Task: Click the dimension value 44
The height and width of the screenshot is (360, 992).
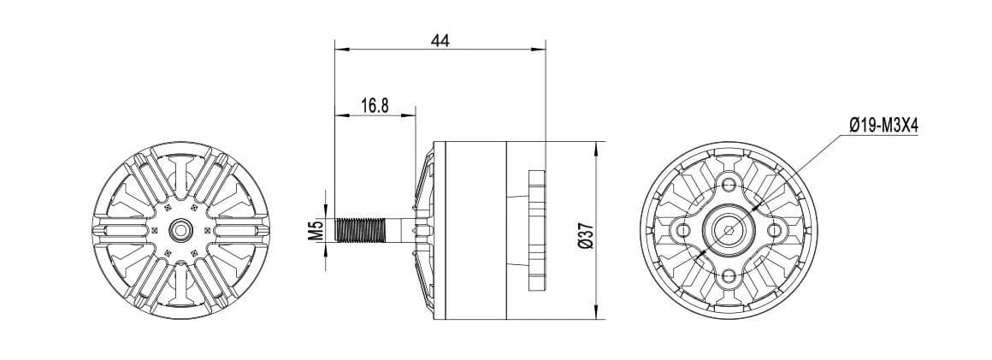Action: pyautogui.click(x=440, y=40)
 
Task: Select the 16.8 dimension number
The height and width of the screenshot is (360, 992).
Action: pyautogui.click(x=375, y=105)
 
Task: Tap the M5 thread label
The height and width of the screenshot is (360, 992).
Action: pyautogui.click(x=315, y=229)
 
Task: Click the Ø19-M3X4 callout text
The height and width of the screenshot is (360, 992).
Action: pyautogui.click(x=883, y=126)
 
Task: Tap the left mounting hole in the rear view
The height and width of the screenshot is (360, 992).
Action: pyautogui.click(x=682, y=229)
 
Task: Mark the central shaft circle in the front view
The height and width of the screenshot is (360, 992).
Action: pyautogui.click(x=180, y=229)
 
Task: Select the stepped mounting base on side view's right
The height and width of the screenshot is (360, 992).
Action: pyautogui.click(x=536, y=229)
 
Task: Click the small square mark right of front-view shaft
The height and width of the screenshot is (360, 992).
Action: pyautogui.click(x=207, y=229)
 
